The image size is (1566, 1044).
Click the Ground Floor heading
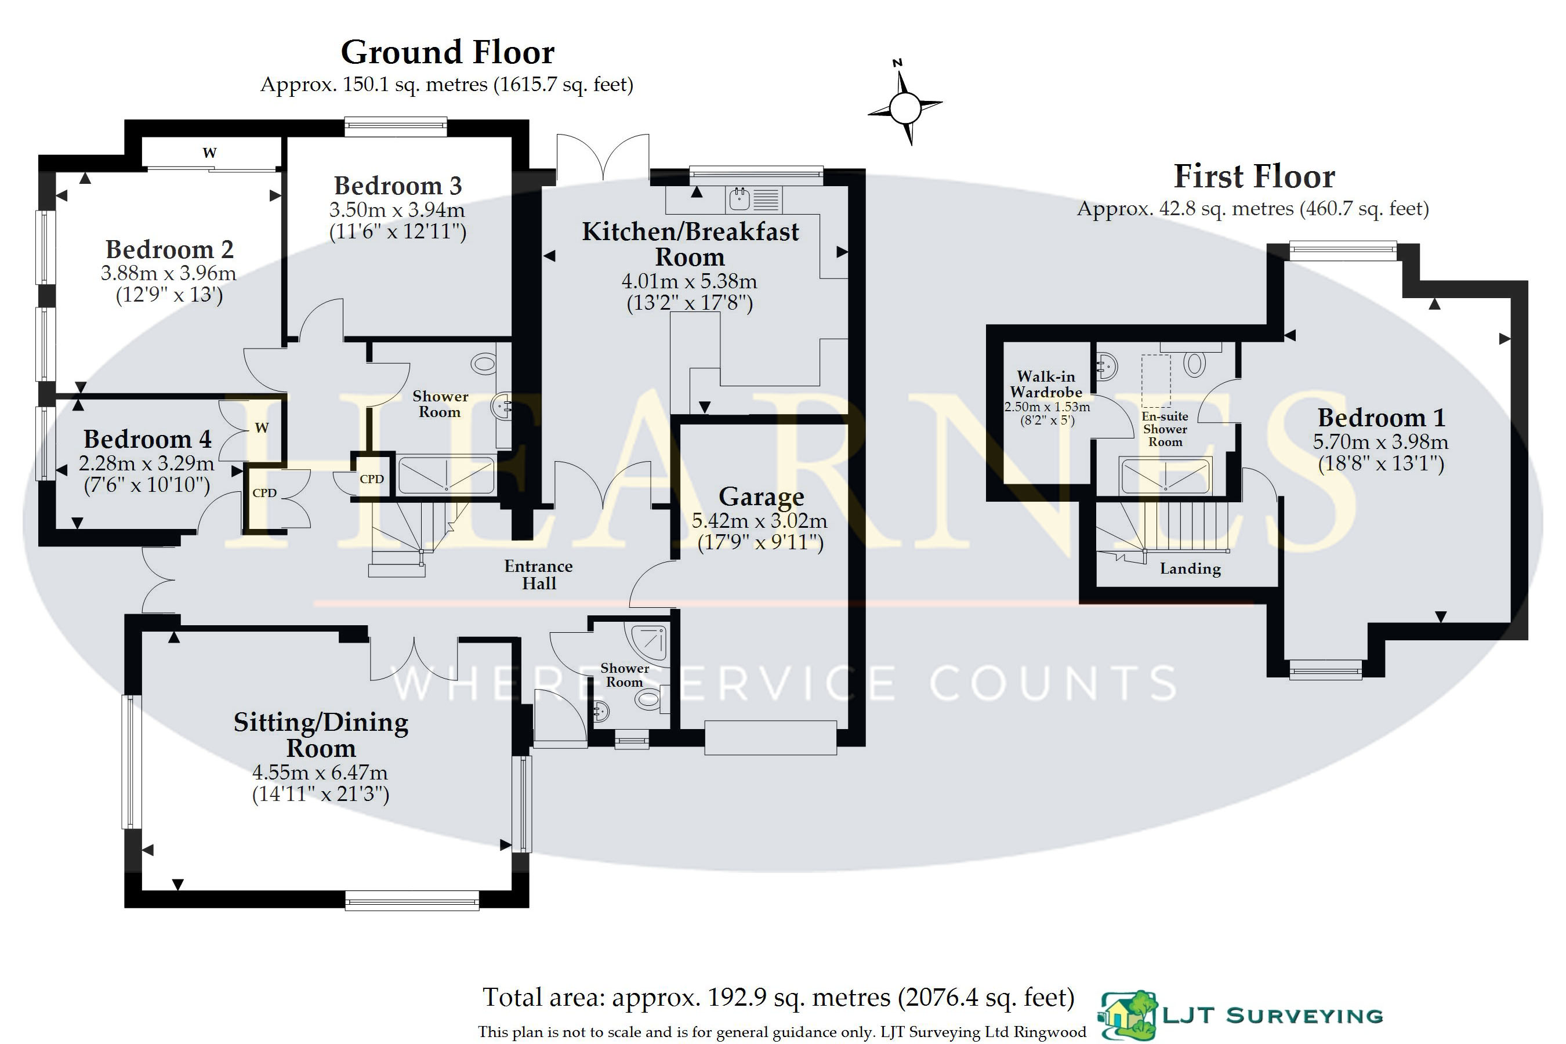[x=447, y=53]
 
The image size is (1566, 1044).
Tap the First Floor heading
[x=1255, y=176]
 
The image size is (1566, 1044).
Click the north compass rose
[x=905, y=106]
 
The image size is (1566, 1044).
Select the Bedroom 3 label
[x=397, y=185]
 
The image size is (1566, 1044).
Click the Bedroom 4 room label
[x=147, y=440]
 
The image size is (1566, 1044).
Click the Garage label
[x=761, y=496]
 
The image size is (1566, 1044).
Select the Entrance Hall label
[x=539, y=575]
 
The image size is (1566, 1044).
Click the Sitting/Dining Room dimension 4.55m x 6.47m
[x=320, y=773]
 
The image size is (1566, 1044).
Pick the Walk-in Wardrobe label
[x=1046, y=384]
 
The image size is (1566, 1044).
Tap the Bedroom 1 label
[x=1382, y=418]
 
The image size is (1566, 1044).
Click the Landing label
[x=1191, y=568]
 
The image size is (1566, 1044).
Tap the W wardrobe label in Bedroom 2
[x=210, y=153]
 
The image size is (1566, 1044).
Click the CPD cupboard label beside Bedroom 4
[x=264, y=492]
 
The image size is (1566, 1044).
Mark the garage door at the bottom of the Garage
[x=770, y=738]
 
